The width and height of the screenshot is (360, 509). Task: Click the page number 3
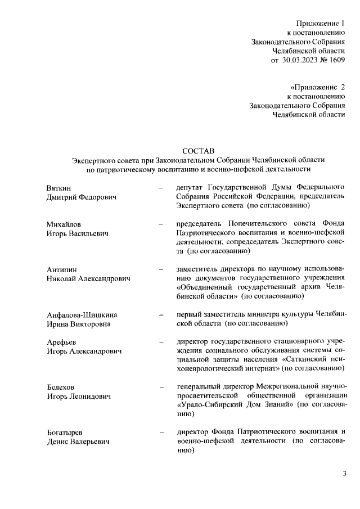344,473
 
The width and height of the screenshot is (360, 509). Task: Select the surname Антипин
61,269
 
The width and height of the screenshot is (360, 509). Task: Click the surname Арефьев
62,342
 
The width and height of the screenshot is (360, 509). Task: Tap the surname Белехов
61,388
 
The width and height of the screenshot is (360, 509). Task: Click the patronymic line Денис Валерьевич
78,442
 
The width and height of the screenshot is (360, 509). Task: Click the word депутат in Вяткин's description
190,187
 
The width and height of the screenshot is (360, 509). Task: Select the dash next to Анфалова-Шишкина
161,314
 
